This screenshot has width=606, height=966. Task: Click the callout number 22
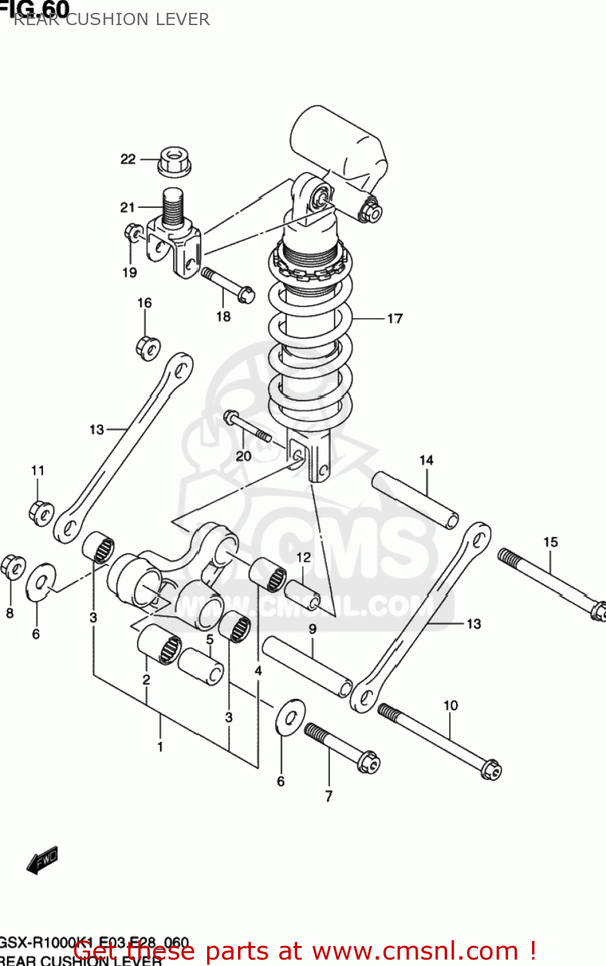click(128, 158)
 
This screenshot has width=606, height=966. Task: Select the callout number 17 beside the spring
click(394, 318)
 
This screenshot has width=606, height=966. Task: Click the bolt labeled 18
click(228, 285)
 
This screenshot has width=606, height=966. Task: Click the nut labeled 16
click(148, 348)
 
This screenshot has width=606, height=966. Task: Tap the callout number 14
click(427, 460)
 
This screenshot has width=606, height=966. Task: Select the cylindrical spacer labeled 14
click(416, 500)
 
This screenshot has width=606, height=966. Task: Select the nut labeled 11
click(41, 512)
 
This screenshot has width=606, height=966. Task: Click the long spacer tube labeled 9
click(307, 665)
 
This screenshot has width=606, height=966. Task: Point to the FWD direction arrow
click(42, 860)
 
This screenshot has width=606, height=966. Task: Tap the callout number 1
click(160, 746)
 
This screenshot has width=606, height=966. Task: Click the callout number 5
click(210, 639)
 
